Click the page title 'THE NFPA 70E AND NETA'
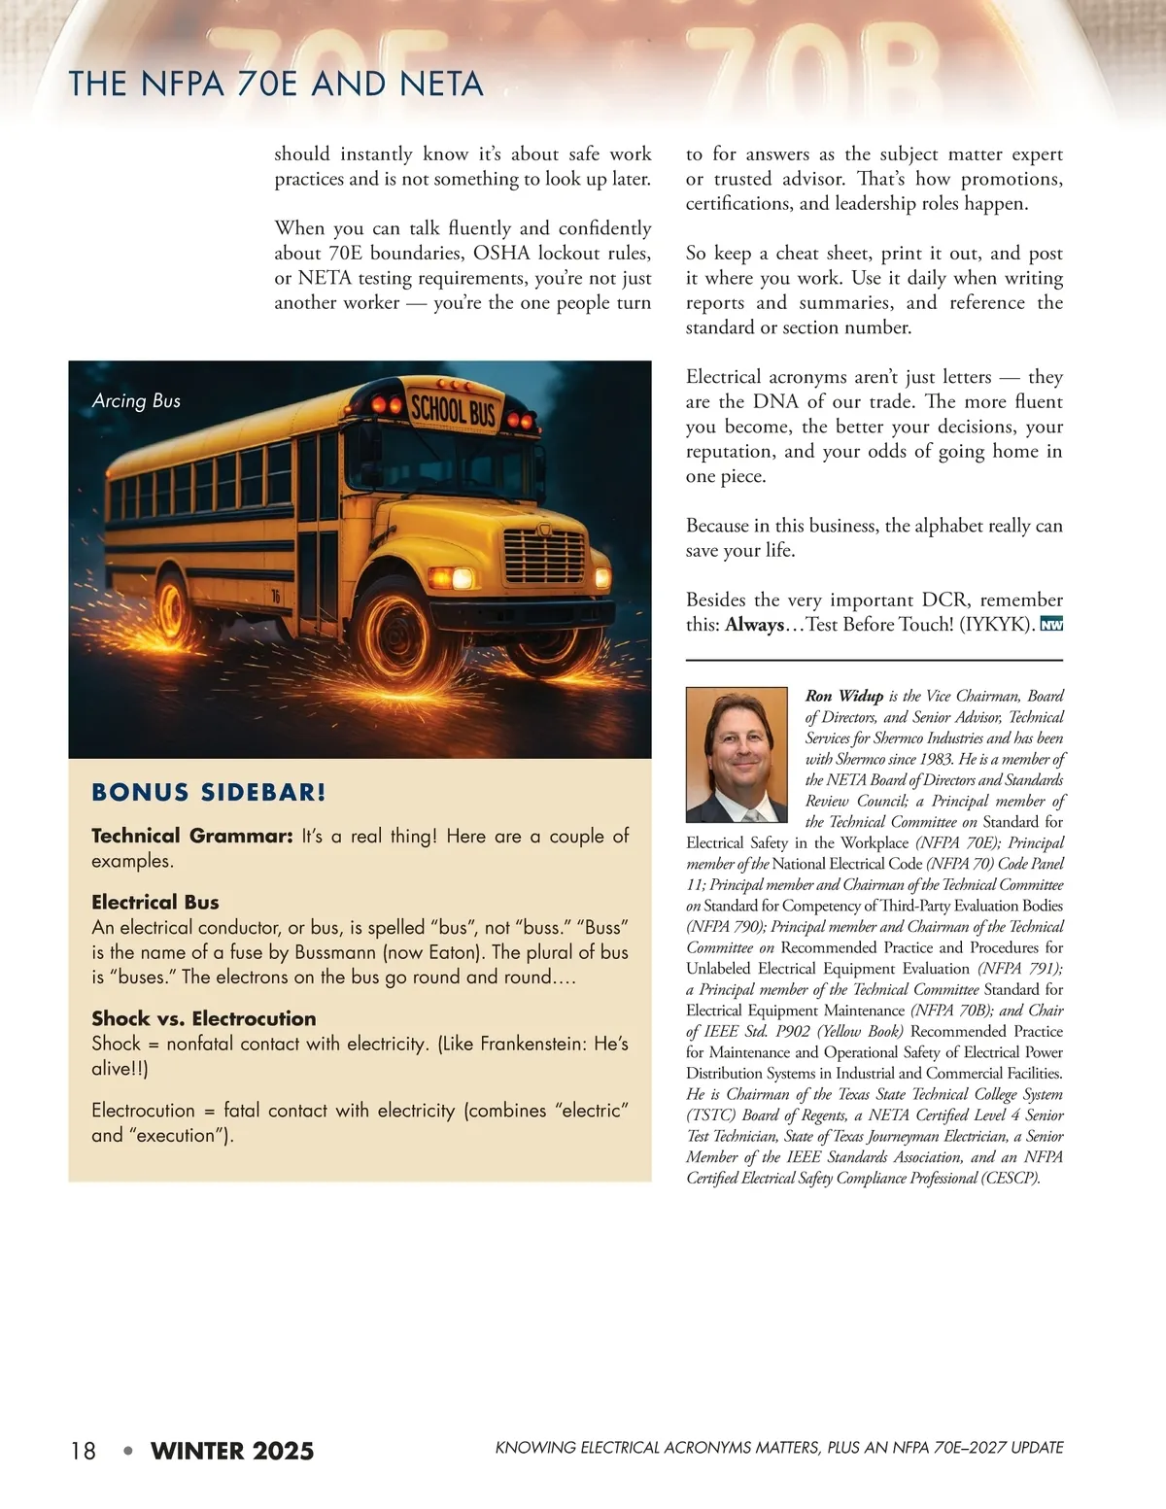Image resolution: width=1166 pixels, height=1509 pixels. tap(276, 85)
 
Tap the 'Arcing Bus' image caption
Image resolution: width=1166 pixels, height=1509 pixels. tap(136, 400)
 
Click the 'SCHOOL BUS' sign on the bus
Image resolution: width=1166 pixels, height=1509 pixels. tap(453, 409)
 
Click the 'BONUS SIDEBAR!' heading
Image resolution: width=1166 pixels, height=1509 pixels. tap(209, 792)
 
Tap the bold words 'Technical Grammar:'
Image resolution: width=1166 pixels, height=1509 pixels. tap(191, 836)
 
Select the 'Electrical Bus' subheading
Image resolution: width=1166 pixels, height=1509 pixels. tap(155, 902)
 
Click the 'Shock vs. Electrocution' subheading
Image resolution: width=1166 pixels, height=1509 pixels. tap(204, 1018)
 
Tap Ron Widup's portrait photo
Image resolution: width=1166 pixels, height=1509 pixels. tap(736, 755)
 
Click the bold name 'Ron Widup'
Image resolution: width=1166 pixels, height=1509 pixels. tap(843, 696)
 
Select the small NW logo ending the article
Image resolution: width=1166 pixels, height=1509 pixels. tap(1051, 624)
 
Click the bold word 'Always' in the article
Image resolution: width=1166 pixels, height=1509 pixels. tap(754, 625)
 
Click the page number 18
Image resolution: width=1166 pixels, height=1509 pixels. tap(84, 1451)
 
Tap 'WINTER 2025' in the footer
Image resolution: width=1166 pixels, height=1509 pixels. tap(232, 1451)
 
